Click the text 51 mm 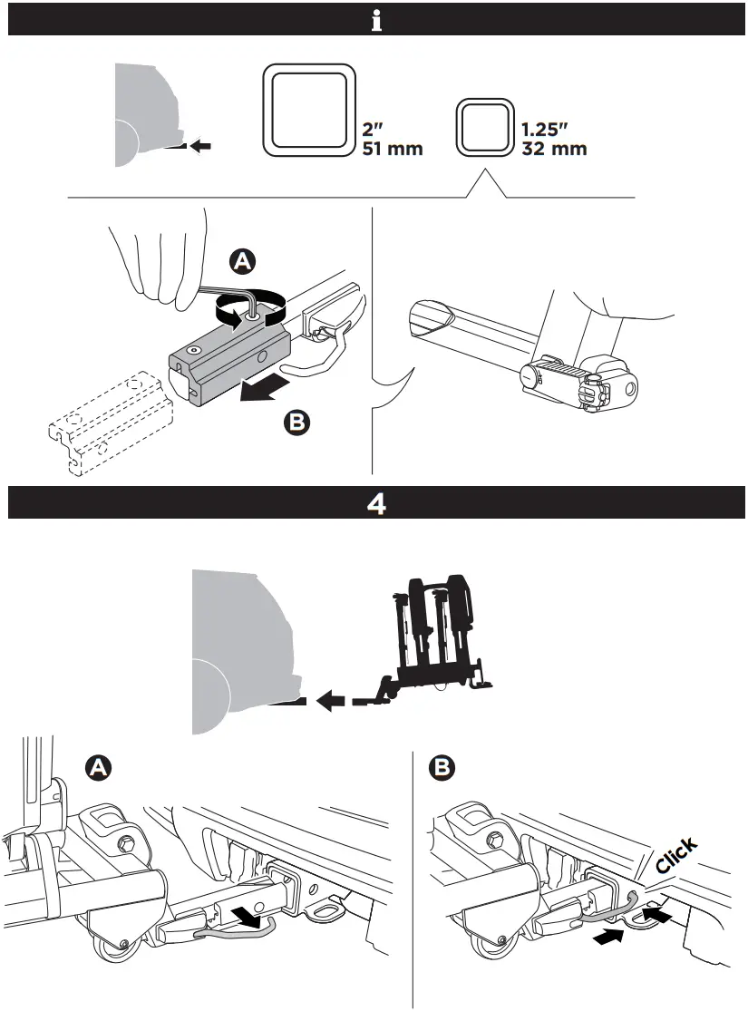click(x=392, y=149)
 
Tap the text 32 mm click(x=555, y=149)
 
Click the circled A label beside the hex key click(x=241, y=262)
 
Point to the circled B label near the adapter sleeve click(x=295, y=422)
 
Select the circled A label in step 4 click(x=98, y=768)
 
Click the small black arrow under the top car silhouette click(x=202, y=145)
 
